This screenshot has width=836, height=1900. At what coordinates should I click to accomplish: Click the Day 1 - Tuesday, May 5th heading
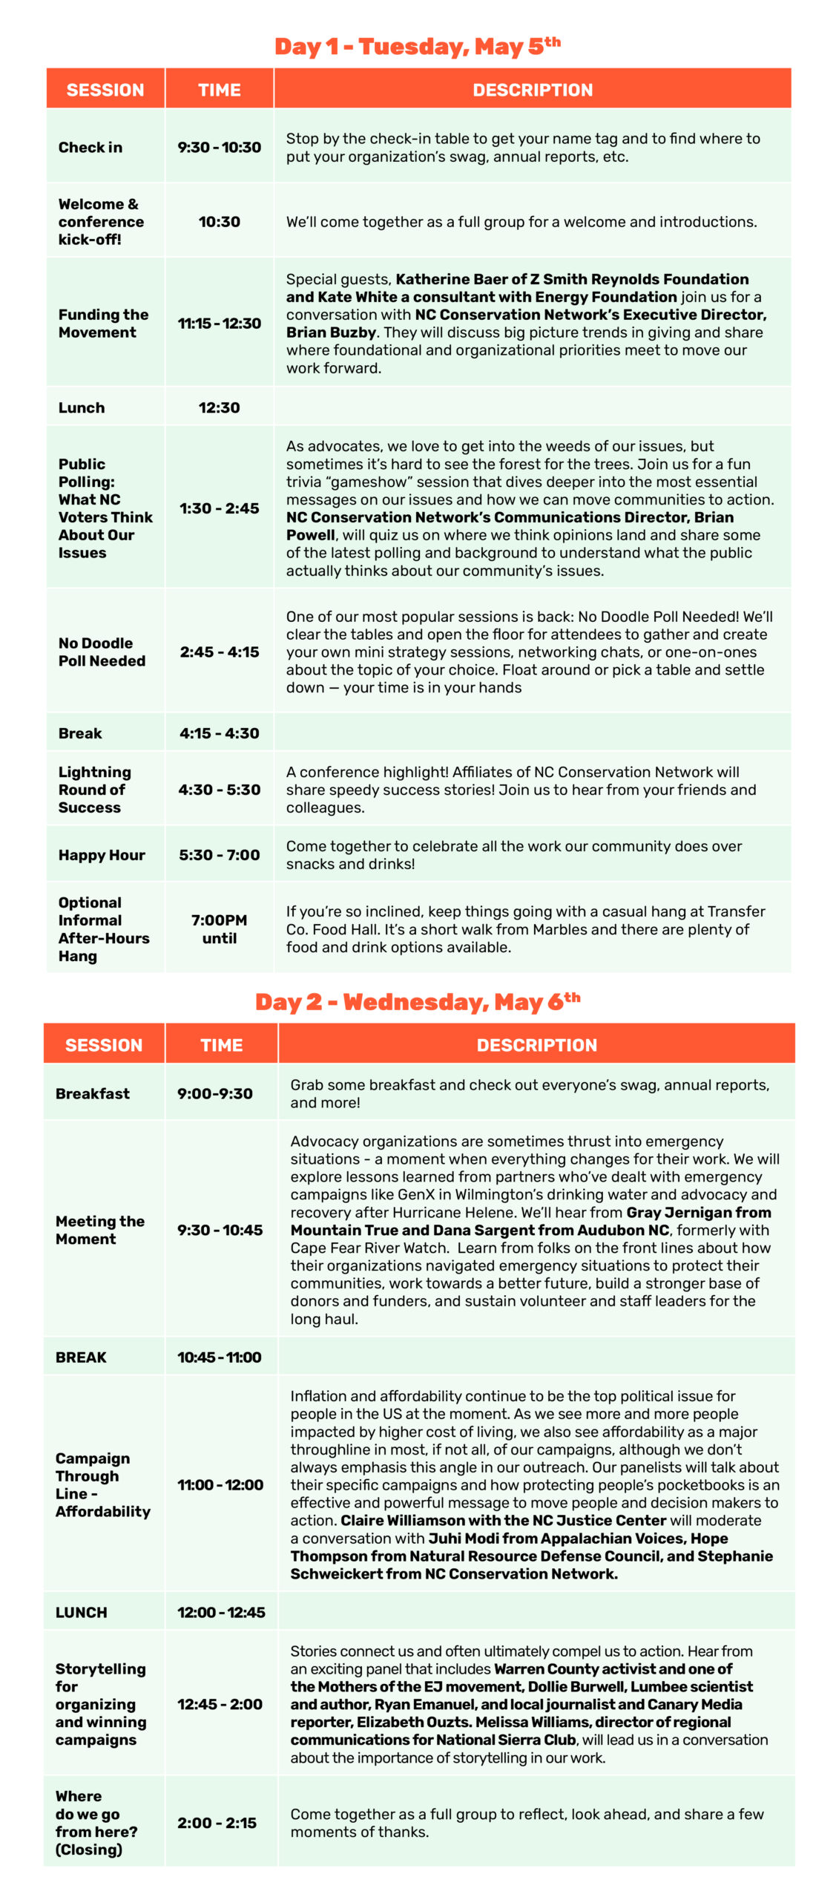417,47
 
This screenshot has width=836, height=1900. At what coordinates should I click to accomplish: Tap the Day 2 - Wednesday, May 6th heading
417,1002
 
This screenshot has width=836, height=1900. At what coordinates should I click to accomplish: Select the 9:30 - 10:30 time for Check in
219,147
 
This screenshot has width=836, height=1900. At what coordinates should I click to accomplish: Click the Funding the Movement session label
103,324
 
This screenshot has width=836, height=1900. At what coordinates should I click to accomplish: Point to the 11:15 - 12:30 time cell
219,324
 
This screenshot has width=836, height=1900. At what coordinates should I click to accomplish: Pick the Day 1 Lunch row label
82,407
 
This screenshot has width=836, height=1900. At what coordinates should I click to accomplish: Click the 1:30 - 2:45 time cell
219,508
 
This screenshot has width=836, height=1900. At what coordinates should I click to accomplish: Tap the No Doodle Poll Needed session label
102,652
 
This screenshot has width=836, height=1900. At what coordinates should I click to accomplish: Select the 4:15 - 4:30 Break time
219,733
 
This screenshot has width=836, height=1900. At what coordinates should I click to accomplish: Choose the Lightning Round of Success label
94,790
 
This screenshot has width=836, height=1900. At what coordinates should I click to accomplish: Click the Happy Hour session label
102,855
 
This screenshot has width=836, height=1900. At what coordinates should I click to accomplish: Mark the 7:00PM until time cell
219,929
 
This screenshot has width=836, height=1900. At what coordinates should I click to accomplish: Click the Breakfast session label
93,1093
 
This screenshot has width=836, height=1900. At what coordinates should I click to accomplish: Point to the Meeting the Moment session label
99,1230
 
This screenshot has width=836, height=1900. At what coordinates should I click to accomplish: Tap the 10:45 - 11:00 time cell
219,1357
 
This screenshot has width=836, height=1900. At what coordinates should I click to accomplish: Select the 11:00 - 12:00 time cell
220,1485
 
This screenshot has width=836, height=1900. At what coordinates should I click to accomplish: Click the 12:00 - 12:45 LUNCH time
220,1613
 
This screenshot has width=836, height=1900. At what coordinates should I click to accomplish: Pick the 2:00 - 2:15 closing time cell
217,1823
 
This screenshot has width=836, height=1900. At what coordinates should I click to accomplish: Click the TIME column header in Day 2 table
221,1045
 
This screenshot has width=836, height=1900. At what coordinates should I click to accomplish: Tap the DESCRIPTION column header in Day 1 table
533,90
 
